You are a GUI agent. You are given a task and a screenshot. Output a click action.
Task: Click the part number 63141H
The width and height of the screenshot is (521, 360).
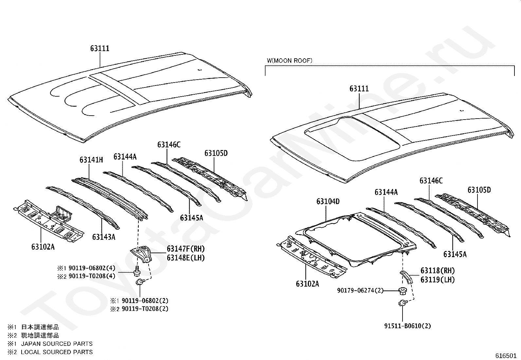coord(91,160)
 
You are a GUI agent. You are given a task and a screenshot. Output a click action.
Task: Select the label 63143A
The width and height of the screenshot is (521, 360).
coord(104,237)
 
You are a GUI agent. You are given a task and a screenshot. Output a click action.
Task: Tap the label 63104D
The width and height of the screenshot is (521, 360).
coord(328,201)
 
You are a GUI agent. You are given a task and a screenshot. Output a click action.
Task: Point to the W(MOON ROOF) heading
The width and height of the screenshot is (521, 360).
coord(290,61)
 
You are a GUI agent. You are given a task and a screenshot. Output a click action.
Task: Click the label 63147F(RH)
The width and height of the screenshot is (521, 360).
coord(186,249)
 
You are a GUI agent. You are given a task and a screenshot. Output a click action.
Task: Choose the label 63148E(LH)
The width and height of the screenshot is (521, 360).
coord(186,258)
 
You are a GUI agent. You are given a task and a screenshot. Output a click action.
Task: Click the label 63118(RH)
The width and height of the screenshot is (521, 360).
coord(438,271)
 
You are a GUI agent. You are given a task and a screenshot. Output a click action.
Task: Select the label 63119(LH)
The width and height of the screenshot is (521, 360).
coord(438,280)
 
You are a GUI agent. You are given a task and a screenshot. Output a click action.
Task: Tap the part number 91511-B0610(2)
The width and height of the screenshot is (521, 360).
coord(407,326)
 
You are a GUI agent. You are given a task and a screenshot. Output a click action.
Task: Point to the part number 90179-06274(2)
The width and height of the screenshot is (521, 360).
coord(360,290)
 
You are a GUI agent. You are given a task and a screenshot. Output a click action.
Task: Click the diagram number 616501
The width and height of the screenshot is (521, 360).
coord(506,356)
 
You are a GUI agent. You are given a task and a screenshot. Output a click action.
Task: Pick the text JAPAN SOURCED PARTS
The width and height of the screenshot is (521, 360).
coord(57,344)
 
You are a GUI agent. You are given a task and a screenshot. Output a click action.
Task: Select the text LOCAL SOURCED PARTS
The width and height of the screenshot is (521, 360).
coord(57,352)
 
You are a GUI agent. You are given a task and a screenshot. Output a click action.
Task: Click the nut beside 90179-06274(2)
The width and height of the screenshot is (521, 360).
coord(403,291)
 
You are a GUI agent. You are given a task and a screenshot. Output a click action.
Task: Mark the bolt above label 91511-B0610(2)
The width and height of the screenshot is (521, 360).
coord(403,303)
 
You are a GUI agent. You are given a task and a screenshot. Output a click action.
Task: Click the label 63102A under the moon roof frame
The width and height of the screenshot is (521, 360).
coord(308,284)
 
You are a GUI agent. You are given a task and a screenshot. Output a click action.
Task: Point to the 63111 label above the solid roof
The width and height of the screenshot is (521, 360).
coord(100,48)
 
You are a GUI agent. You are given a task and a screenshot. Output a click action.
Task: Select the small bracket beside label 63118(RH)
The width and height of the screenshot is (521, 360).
coord(406,277)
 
